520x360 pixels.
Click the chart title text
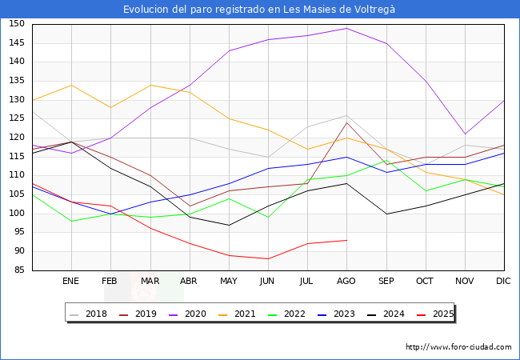(x=259, y=9)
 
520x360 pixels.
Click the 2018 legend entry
(x=90, y=314)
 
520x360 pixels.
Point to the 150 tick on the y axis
(x=16, y=24)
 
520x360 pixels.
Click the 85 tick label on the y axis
(x=18, y=270)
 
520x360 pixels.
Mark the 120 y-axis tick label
(x=16, y=138)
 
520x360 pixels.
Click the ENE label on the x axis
(x=70, y=282)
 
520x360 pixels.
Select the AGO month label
(x=346, y=282)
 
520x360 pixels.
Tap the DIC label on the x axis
(x=503, y=282)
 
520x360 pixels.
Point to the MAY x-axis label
(x=229, y=282)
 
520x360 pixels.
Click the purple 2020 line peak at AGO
(x=346, y=28)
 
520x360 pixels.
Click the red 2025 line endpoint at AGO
(x=346, y=240)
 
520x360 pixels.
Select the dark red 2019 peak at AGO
(x=346, y=122)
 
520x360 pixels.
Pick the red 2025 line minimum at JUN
(x=268, y=258)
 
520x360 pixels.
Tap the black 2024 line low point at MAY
(x=229, y=225)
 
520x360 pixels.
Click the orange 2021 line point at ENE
(x=70, y=85)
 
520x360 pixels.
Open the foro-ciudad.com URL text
(x=458, y=347)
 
